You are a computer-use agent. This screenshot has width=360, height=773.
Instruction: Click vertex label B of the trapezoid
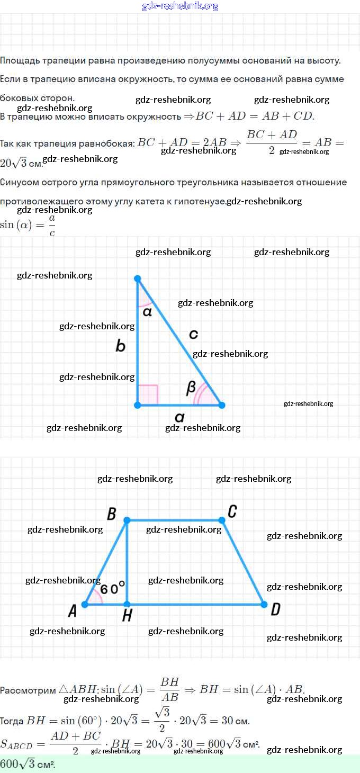point(112,514)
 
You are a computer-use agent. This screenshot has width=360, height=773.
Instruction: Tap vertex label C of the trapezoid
point(232,511)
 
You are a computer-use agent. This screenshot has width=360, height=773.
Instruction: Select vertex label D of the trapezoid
point(275,610)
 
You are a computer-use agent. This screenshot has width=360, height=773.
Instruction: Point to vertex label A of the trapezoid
point(73,611)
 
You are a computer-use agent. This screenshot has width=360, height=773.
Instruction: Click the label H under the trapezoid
point(127,615)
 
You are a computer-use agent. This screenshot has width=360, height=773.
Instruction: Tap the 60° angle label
point(113,588)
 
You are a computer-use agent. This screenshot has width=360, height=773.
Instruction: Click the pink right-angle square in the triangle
point(148,394)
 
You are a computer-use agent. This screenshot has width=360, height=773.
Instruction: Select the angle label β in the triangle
point(192,388)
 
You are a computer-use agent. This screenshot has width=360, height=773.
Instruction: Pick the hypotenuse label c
point(193,334)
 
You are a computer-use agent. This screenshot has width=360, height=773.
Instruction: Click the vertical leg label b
point(121,346)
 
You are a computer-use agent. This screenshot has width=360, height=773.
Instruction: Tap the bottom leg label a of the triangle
point(179,417)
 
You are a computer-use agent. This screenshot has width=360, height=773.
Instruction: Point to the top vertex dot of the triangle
point(138,278)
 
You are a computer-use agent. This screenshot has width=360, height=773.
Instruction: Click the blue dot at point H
point(127,604)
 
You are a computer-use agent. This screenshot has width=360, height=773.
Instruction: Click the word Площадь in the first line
point(17,60)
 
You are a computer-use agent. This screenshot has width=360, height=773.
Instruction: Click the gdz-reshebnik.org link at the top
point(180,6)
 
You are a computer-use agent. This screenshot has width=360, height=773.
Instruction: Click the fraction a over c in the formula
point(52,225)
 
